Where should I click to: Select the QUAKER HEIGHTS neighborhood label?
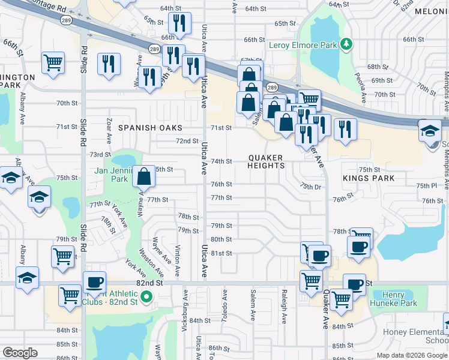(266, 161)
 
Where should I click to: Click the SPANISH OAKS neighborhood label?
(150, 128)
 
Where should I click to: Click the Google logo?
(19, 353)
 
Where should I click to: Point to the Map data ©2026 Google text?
(412, 355)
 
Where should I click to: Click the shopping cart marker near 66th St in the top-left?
(53, 62)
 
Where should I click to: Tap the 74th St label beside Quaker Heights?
(221, 161)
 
